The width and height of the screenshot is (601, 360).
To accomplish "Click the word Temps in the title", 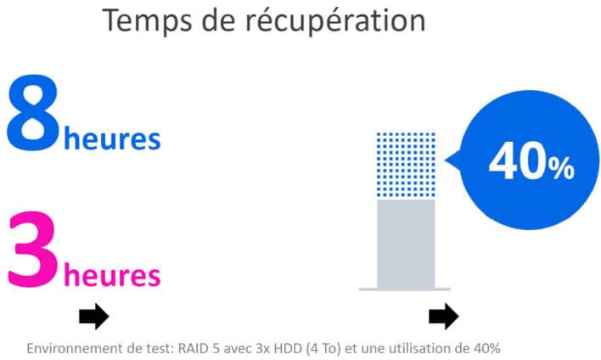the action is coord(147,21).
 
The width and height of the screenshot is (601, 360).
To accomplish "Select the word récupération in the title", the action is coord(336,21).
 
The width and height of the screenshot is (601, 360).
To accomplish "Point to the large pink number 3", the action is coord(33,250).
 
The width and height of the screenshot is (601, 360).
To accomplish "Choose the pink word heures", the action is coord(112,275).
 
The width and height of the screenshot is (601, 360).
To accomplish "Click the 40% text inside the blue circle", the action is coord(531,160).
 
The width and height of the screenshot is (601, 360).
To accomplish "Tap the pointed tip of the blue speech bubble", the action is coord(445,160).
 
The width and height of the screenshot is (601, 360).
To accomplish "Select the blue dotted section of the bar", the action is coord(406,165).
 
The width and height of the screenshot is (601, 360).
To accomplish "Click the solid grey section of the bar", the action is coord(406,244).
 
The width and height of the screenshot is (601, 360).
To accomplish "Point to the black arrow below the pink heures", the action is coord(94,317).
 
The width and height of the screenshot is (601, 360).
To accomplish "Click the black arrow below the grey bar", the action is coord(444,317).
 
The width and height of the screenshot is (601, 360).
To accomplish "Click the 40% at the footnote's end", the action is coord(486,348).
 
